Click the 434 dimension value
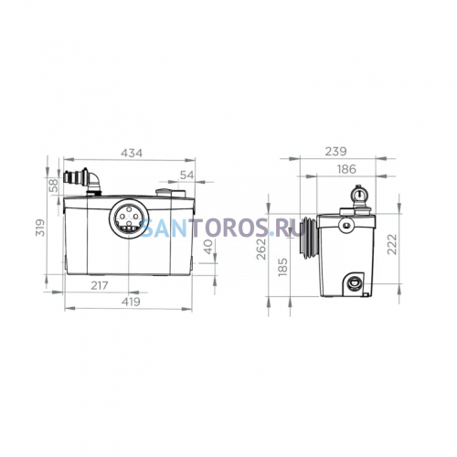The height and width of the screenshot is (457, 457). (x=132, y=153)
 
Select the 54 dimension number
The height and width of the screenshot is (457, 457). (x=187, y=175)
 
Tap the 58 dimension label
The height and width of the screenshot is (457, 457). (x=53, y=186)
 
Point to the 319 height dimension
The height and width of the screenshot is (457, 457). (x=40, y=228)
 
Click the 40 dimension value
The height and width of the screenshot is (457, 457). (x=208, y=247)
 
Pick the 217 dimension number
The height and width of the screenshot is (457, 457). (x=100, y=285)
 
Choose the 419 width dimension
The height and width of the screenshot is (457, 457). (x=131, y=302)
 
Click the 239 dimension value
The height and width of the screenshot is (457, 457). (x=335, y=152)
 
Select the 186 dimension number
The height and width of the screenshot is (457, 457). (x=346, y=169)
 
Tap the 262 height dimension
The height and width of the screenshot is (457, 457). (x=261, y=249)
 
